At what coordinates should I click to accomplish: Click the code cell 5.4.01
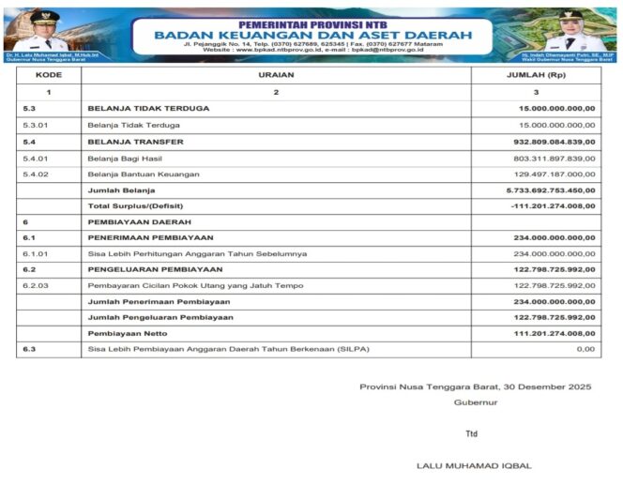point(36,158)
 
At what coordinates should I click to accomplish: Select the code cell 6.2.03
point(36,285)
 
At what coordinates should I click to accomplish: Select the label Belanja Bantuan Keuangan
point(144,174)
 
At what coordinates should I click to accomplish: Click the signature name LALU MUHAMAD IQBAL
point(473,465)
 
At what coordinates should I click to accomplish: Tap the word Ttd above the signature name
point(471,433)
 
